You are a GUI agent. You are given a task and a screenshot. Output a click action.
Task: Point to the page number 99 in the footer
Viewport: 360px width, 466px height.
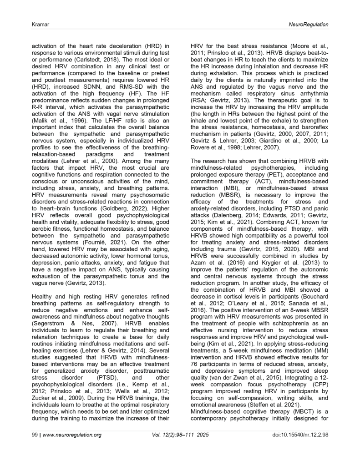pyautogui.click(x=27, y=448)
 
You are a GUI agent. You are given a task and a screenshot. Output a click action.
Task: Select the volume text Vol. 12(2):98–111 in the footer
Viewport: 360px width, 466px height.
pyautogui.click(x=173, y=448)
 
